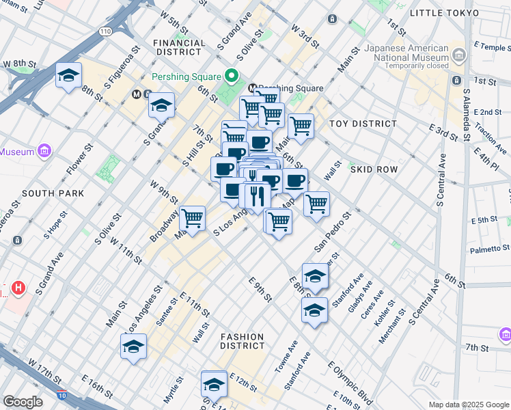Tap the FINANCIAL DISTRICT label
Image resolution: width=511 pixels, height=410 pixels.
point(180,48)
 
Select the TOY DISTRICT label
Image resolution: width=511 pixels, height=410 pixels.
point(363,124)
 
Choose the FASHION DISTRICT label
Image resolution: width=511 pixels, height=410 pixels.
point(242,341)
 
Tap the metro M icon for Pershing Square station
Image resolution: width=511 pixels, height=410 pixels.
point(252,88)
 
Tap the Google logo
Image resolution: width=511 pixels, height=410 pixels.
point(23,401)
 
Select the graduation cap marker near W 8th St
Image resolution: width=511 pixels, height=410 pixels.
point(68,77)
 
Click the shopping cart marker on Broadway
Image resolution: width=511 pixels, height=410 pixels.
point(192,219)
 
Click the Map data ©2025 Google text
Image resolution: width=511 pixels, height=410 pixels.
point(468,405)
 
